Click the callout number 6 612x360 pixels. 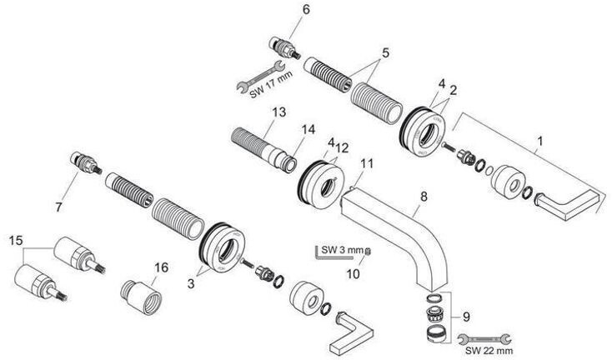(283, 9)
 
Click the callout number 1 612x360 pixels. (540, 142)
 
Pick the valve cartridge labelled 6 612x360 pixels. (283, 46)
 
